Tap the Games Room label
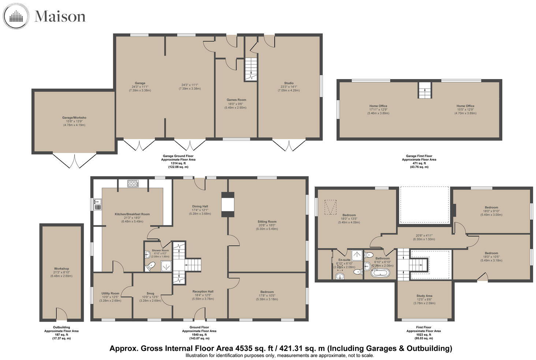(236, 100)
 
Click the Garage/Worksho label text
(74, 117)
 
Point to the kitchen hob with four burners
(133, 183)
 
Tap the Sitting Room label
(267, 221)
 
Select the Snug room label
(150, 293)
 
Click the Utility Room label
(110, 293)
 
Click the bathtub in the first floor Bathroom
(380, 273)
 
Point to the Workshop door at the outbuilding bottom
(62, 314)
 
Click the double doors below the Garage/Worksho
(74, 160)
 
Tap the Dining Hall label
(200, 206)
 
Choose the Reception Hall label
(203, 292)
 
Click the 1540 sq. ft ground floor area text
(199, 334)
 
